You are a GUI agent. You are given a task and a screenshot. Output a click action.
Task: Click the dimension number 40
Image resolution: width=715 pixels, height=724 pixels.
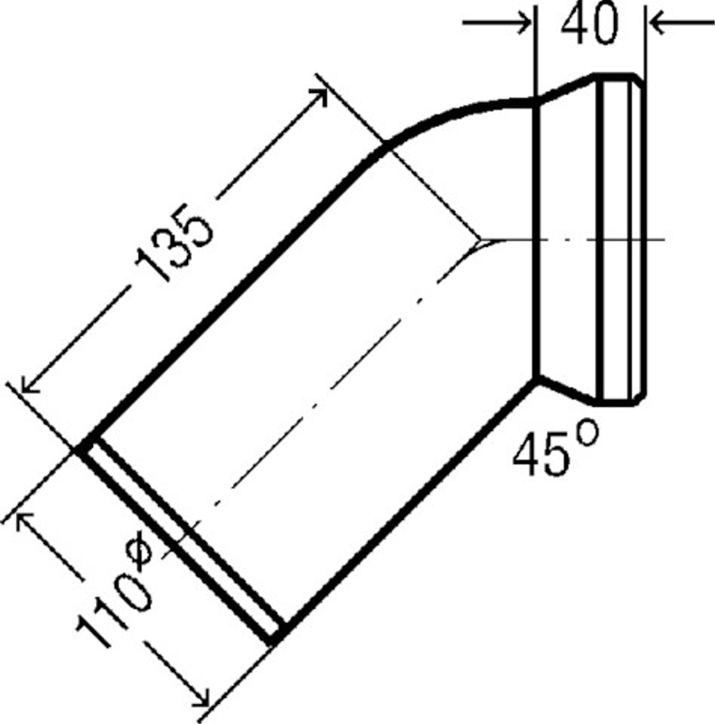click(x=589, y=24)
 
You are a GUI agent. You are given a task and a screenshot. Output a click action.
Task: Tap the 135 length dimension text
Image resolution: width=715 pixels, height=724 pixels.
click(x=174, y=242)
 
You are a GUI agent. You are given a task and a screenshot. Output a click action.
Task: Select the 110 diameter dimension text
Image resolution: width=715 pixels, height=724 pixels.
click(x=113, y=609)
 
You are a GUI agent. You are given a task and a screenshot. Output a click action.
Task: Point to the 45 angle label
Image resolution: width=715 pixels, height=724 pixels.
click(x=541, y=456)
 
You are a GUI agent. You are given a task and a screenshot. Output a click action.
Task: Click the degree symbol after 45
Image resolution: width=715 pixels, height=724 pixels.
click(x=588, y=432)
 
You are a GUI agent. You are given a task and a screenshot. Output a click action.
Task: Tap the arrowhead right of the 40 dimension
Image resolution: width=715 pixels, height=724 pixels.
click(x=657, y=23)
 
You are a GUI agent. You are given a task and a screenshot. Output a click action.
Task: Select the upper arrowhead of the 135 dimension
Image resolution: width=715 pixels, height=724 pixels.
click(x=321, y=95)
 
